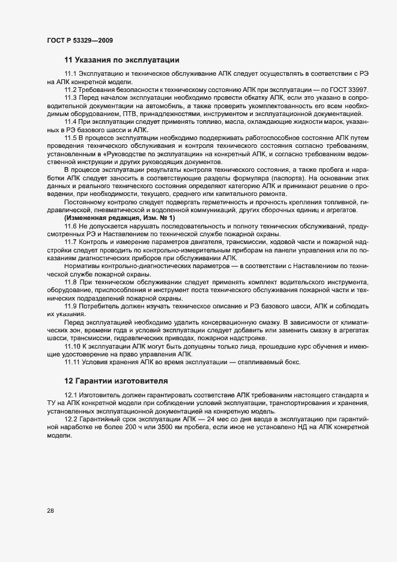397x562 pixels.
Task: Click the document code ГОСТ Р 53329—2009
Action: (80, 40)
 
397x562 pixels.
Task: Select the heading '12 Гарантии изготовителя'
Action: (116, 381)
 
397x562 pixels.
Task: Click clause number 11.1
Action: (70, 73)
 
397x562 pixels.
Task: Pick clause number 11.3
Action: (70, 97)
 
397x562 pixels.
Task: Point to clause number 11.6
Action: (70, 225)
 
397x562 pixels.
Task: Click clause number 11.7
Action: (70, 242)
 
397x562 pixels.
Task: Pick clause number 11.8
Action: (70, 282)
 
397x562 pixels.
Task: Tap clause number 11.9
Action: (70, 306)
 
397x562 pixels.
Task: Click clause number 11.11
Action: (72, 362)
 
